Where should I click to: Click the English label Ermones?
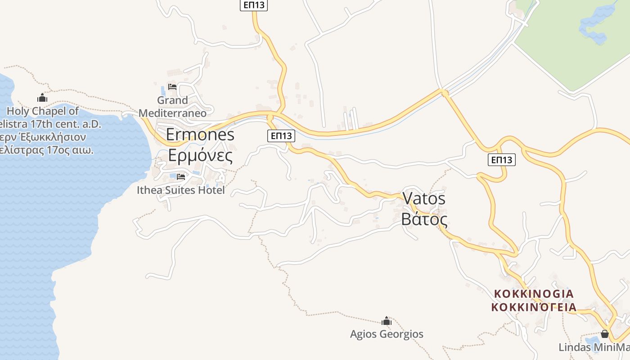tap(200, 134)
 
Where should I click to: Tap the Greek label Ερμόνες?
tap(200, 155)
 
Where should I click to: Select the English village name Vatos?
tap(424, 198)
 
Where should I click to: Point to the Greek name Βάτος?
tap(424, 219)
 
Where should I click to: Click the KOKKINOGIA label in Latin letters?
tap(534, 294)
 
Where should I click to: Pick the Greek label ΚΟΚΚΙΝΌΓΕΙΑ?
tap(534, 307)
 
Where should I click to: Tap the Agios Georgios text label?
tap(387, 334)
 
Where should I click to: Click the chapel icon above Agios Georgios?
tap(386, 321)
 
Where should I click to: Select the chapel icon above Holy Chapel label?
tap(42, 98)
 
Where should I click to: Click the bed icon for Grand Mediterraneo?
tap(172, 87)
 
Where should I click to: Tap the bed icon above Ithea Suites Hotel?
tap(181, 177)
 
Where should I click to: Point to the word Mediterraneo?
tap(172, 112)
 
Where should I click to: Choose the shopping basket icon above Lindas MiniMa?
tap(605, 334)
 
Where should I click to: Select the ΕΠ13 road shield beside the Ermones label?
tap(281, 135)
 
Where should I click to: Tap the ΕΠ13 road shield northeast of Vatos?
tap(501, 160)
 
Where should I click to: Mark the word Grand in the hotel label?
tap(172, 100)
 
